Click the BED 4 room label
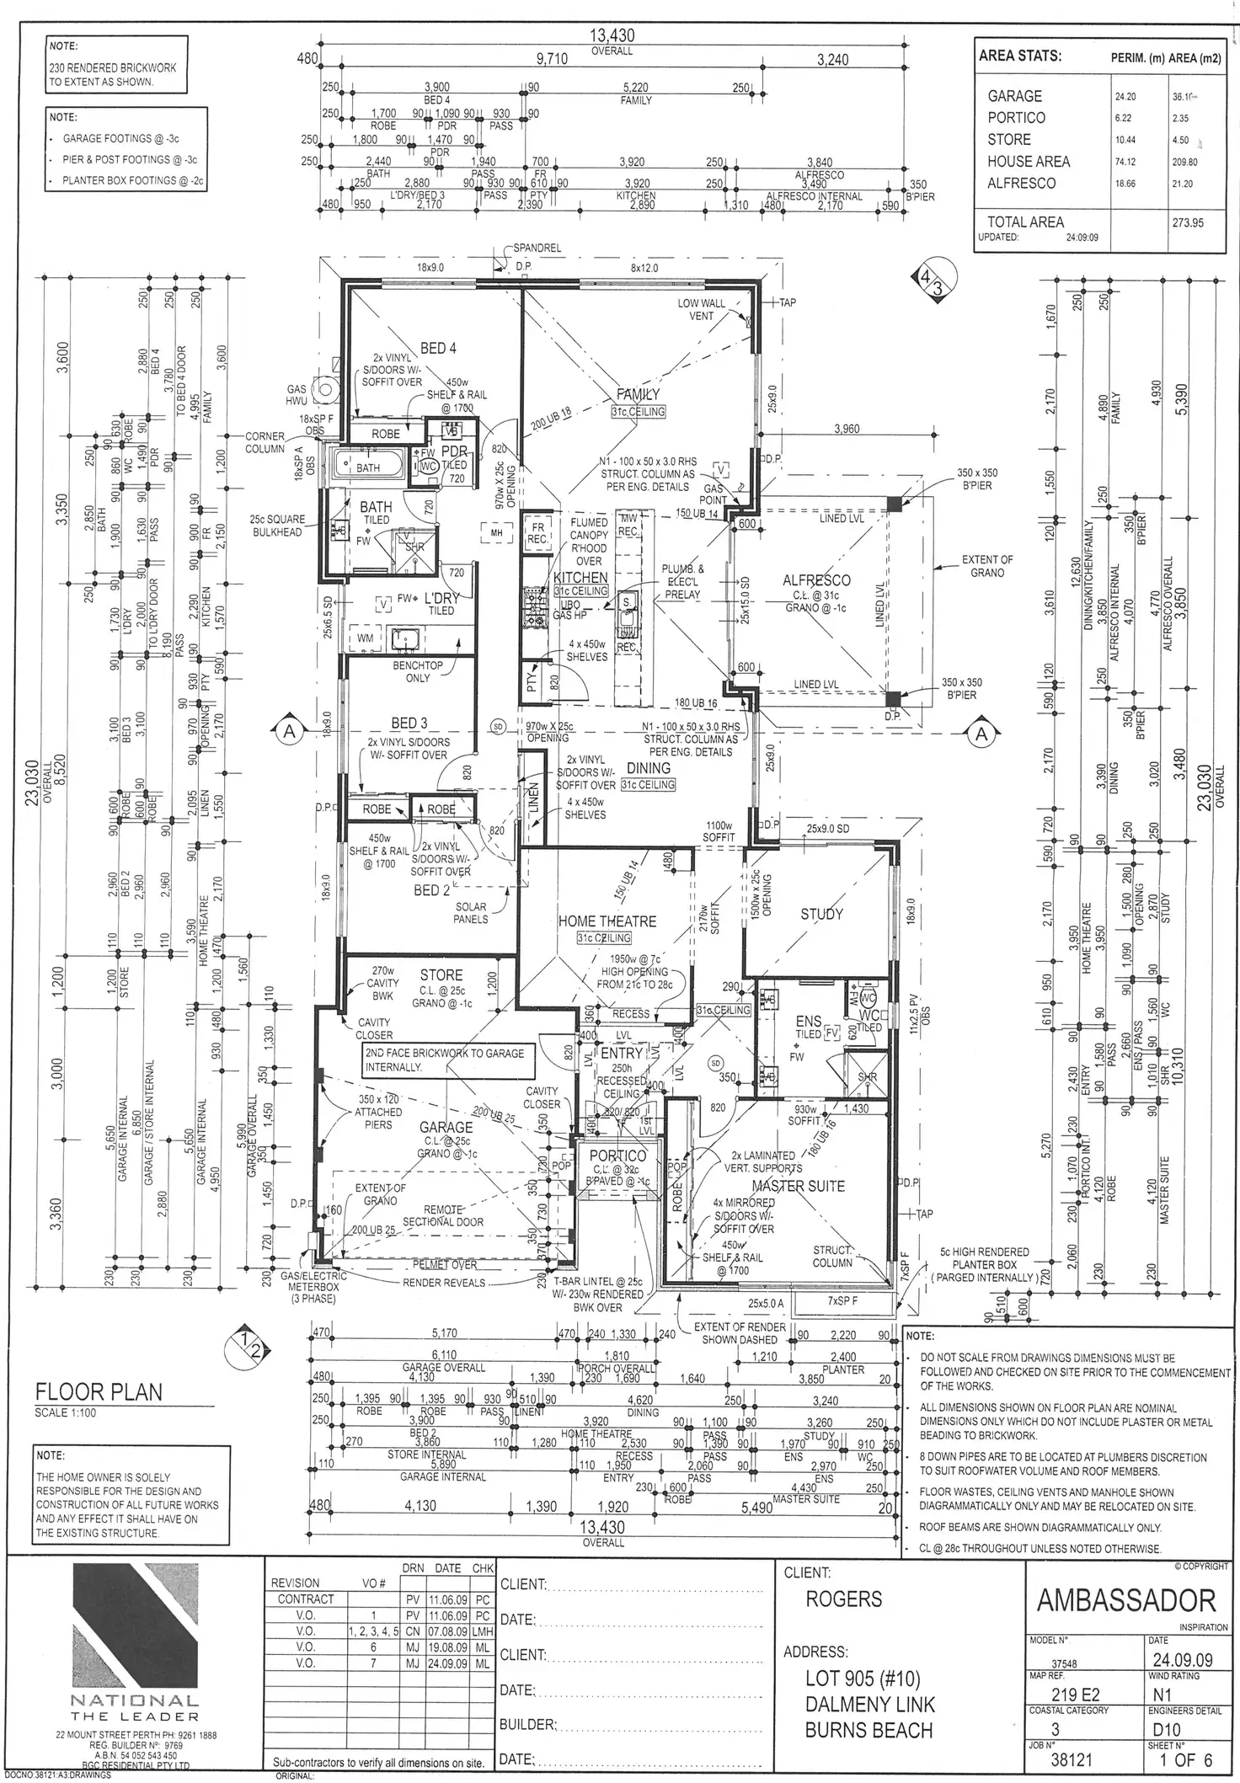pyautogui.click(x=437, y=348)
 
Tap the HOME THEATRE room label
pyautogui.click(x=607, y=921)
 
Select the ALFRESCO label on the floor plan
pyautogui.click(x=816, y=580)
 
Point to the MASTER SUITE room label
pyautogui.click(x=797, y=1186)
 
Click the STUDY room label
pyautogui.click(x=821, y=914)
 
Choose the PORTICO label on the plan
pyautogui.click(x=617, y=1156)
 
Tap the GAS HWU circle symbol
pyautogui.click(x=323, y=390)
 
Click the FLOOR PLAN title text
pyautogui.click(x=99, y=1391)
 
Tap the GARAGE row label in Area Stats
pyautogui.click(x=1014, y=96)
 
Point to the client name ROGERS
pyautogui.click(x=843, y=1600)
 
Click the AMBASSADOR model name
pyautogui.click(x=1125, y=1600)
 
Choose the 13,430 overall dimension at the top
pyautogui.click(x=612, y=36)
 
